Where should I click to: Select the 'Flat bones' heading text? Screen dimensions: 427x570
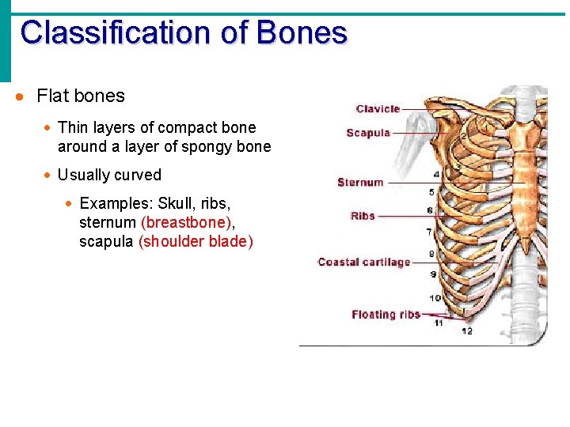[x=81, y=96]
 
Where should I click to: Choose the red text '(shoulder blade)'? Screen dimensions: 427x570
[x=196, y=242]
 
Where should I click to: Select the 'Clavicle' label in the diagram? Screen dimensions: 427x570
[x=378, y=109]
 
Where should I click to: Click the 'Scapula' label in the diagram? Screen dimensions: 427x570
[x=368, y=133]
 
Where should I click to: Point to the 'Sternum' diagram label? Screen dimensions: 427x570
[x=360, y=183]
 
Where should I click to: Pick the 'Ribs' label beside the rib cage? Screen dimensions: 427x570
[x=363, y=216]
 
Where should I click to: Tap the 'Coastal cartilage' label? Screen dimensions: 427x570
[x=364, y=262]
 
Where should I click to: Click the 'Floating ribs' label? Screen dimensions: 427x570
[x=386, y=315]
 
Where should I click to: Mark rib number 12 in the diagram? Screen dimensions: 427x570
[x=466, y=331]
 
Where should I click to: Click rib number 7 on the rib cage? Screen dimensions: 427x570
[x=429, y=232]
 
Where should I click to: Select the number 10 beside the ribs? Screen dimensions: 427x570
[x=435, y=298]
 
